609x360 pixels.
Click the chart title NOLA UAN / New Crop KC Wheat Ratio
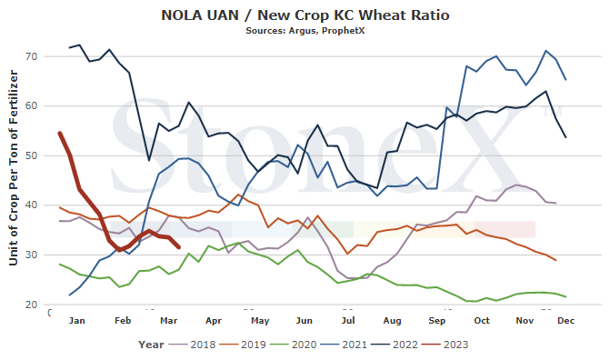(x=305, y=15)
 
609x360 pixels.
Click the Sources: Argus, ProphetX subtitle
(x=304, y=31)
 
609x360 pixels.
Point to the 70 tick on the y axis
(x=32, y=56)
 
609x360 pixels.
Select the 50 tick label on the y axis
(x=32, y=155)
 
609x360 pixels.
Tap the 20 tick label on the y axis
(x=32, y=305)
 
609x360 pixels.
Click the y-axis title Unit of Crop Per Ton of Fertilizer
(x=14, y=168)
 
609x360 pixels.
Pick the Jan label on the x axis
(x=77, y=321)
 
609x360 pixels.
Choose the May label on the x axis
(x=260, y=321)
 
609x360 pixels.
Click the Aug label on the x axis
(x=393, y=321)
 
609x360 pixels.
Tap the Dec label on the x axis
(x=566, y=321)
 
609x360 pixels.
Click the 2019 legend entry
(x=243, y=345)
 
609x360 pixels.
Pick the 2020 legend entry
(x=294, y=345)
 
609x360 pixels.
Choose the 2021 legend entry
(x=344, y=345)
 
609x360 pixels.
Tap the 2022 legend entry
(x=395, y=345)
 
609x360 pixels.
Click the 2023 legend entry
(x=445, y=345)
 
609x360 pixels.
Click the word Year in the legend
(x=151, y=345)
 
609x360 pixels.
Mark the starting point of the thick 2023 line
(x=60, y=134)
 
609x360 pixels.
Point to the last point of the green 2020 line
(x=566, y=296)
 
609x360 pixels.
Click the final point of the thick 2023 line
(x=179, y=247)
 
